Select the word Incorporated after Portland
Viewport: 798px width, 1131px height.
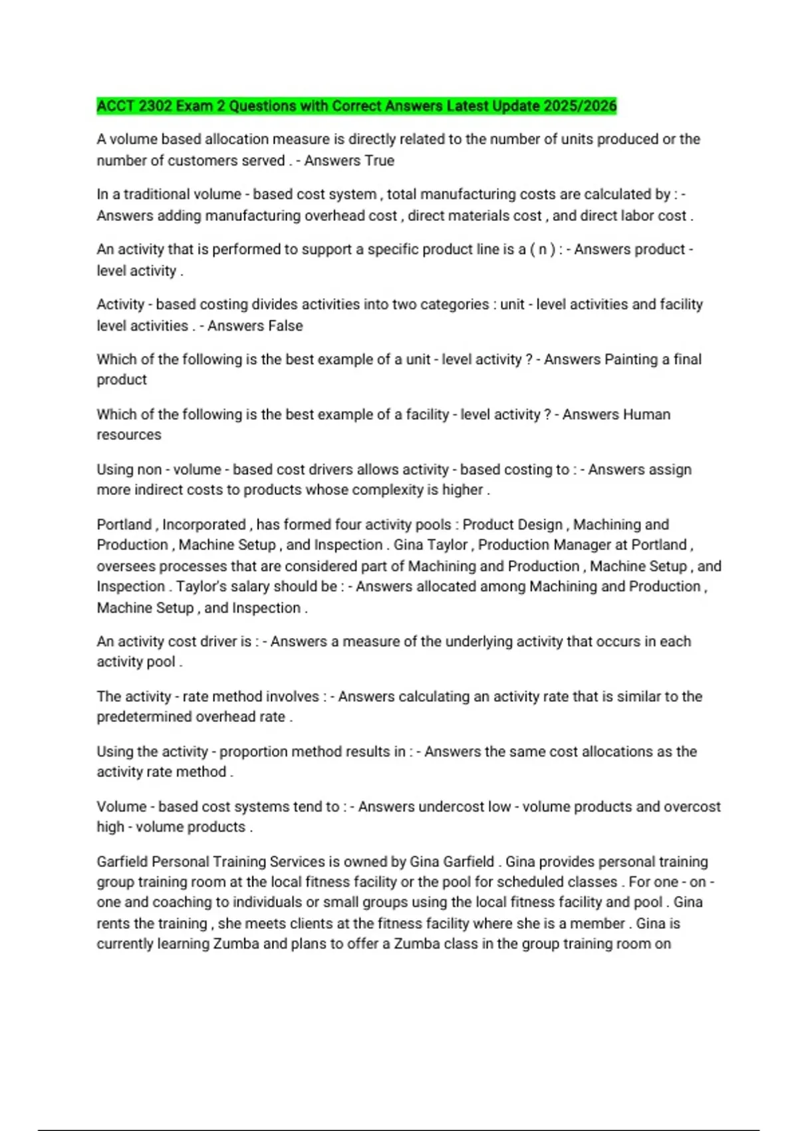(x=204, y=525)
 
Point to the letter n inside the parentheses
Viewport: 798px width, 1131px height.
(x=543, y=249)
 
